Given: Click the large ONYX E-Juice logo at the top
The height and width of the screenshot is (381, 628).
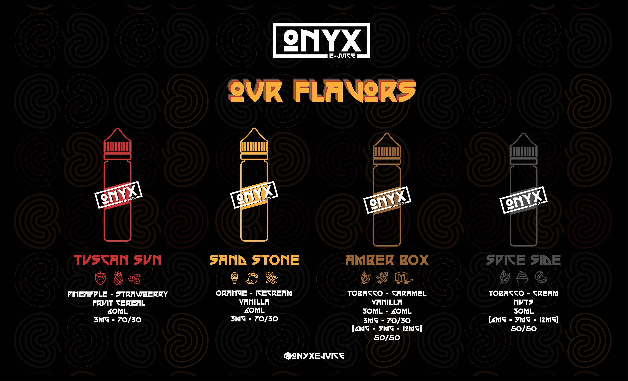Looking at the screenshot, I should point(321,41).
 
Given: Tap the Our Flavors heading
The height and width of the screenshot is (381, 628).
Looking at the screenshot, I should point(322,91).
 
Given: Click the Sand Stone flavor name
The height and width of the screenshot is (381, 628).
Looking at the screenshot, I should point(254,260).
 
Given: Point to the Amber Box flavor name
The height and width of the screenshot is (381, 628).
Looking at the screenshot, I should point(387,260).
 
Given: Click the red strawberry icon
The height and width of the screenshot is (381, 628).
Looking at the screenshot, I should point(100,278).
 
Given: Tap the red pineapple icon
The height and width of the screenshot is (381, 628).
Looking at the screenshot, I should point(118,278).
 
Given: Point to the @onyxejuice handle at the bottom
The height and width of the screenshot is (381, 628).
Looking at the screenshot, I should point(314,356).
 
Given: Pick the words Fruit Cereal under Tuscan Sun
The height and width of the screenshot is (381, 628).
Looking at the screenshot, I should point(119,303).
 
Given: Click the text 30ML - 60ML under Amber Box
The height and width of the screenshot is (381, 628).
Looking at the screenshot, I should point(387,311).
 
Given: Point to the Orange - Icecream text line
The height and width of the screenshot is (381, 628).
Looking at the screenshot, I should point(254,293).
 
